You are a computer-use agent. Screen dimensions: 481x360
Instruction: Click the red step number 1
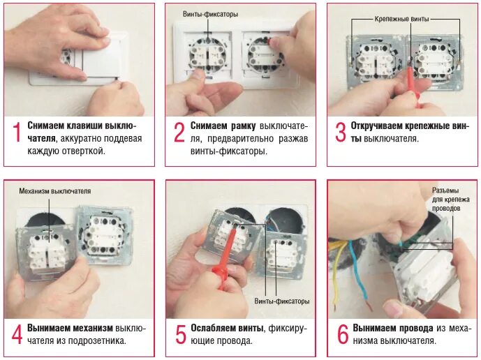click(x=17, y=132)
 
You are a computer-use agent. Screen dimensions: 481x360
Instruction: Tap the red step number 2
click(x=179, y=132)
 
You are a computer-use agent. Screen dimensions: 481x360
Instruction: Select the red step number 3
click(x=341, y=132)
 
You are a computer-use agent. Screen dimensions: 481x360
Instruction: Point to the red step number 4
click(x=17, y=334)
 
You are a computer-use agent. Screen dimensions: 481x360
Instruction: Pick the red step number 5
click(x=180, y=334)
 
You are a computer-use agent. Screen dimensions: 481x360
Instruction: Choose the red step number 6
click(x=343, y=334)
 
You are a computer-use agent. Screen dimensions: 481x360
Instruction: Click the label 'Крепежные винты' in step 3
click(x=401, y=19)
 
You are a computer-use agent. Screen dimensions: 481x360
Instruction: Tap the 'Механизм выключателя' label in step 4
click(x=55, y=191)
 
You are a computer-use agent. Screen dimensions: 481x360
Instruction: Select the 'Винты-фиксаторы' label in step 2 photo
click(x=210, y=14)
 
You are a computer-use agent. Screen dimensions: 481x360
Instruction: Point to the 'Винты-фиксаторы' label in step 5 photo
click(x=282, y=301)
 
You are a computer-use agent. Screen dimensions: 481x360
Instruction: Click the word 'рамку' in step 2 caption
click(x=244, y=126)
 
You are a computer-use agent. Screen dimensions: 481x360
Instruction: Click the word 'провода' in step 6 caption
click(x=417, y=328)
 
